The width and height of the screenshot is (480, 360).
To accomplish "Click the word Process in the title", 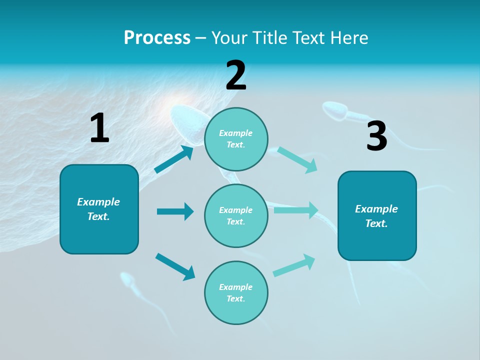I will [x=157, y=37].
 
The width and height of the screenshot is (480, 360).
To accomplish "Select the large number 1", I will [x=99, y=128].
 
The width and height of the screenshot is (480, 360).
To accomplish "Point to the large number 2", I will [x=236, y=75].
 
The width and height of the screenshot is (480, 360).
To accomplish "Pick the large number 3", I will [x=376, y=136].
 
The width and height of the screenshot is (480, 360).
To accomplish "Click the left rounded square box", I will [x=99, y=209].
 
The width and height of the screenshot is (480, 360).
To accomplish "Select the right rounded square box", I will [x=377, y=215].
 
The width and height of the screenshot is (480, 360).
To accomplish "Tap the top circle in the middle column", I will [x=236, y=139].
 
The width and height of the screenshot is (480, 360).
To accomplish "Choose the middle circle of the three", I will [x=236, y=215].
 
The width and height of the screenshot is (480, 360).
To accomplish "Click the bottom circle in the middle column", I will [x=236, y=292].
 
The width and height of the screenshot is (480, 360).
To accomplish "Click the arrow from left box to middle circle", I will [x=175, y=211].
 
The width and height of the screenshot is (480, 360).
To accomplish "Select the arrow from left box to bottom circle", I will [x=175, y=266].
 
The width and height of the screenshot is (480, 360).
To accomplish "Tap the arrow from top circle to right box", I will [x=297, y=160].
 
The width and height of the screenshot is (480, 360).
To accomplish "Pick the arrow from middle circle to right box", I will [x=296, y=210].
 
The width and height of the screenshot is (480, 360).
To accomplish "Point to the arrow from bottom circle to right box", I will [x=294, y=265].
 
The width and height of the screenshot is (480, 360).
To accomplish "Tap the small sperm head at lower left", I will [x=126, y=279].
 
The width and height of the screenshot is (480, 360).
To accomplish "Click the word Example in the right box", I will [x=376, y=209].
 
